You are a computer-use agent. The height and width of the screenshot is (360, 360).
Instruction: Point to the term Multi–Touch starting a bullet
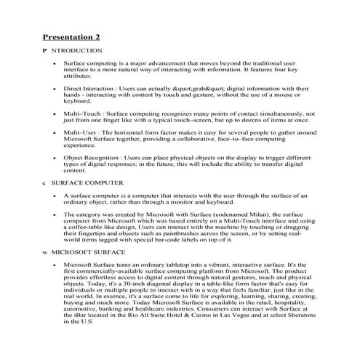pyautogui.click(x=81, y=114)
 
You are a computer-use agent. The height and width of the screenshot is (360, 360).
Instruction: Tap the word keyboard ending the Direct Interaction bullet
pyautogui.click(x=77, y=101)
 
